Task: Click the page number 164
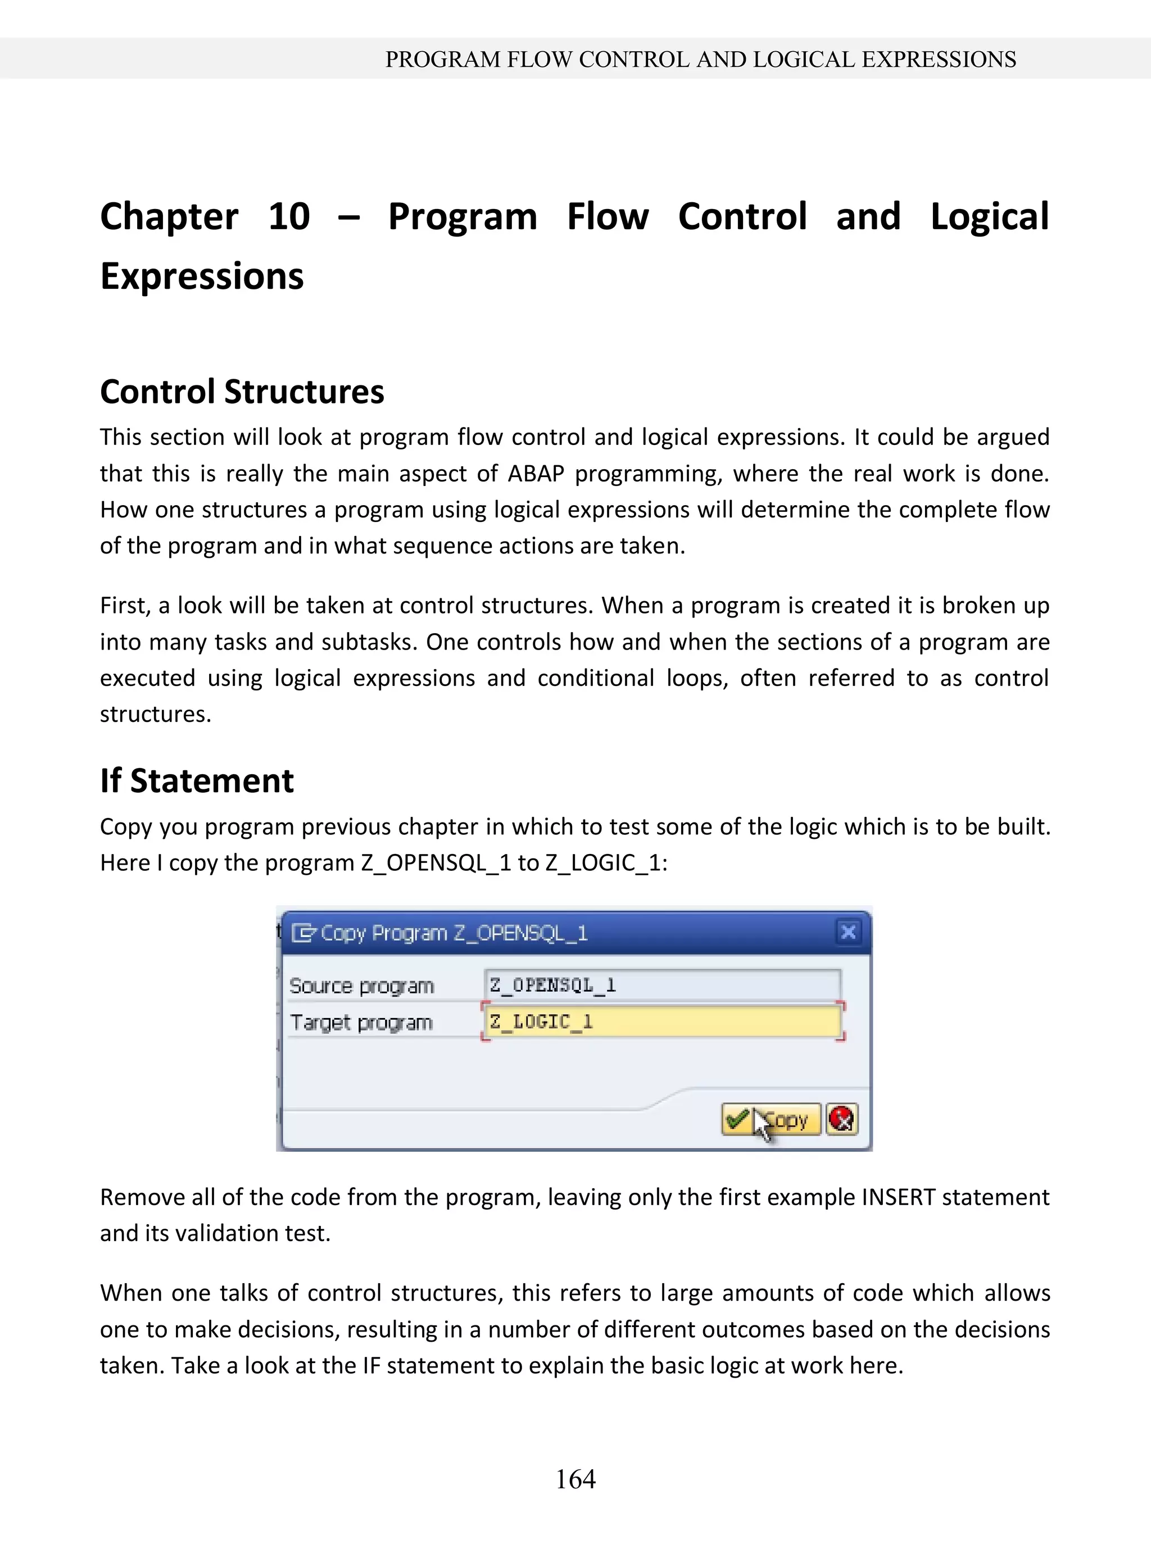[x=575, y=1479]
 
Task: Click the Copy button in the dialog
[x=771, y=1120]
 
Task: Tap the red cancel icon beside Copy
[x=842, y=1120]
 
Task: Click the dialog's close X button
[x=849, y=932]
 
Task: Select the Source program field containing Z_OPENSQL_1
[x=662, y=985]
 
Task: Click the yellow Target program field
[x=662, y=1022]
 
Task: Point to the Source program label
[x=361, y=986]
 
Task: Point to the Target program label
[x=361, y=1023]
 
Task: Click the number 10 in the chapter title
[x=288, y=217]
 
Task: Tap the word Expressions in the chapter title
[x=202, y=276]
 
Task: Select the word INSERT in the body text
[x=899, y=1197]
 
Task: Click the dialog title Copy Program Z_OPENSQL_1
[x=453, y=933]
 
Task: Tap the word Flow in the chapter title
[x=608, y=217]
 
